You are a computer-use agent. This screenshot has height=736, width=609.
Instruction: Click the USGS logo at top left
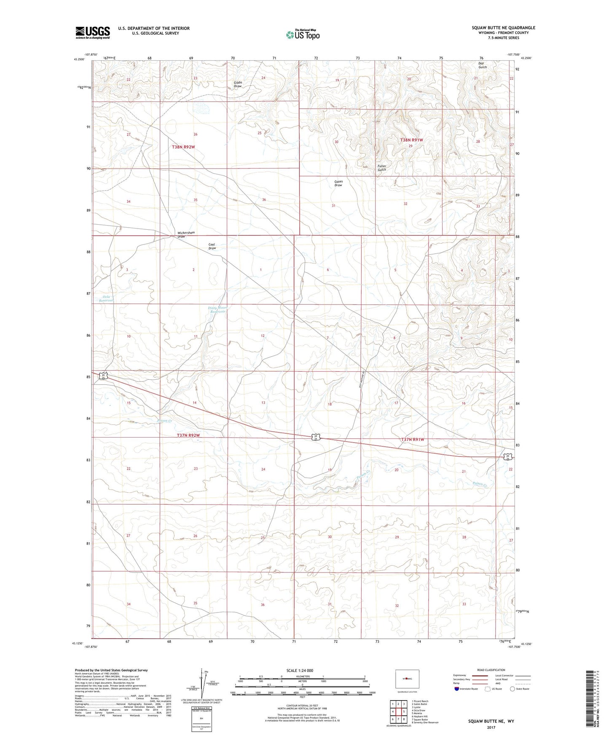click(x=92, y=32)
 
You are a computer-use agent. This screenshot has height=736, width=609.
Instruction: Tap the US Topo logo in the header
click(x=302, y=35)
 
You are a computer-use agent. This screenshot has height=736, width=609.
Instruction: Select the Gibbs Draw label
click(x=238, y=84)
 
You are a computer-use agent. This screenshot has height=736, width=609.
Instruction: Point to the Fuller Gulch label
click(x=381, y=168)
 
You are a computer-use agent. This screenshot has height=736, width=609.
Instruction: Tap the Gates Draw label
click(x=338, y=183)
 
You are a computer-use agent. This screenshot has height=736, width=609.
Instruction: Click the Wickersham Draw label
click(x=187, y=234)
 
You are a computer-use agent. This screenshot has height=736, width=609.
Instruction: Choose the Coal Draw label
click(x=212, y=246)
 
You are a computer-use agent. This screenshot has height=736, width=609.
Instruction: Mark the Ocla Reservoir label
click(x=106, y=298)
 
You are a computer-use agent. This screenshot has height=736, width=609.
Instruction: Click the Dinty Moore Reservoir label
click(x=217, y=310)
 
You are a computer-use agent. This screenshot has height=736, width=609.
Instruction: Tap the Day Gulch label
click(x=482, y=65)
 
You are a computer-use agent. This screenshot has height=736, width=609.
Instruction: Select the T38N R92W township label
click(x=184, y=147)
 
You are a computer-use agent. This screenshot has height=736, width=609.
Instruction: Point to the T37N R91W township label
click(x=412, y=440)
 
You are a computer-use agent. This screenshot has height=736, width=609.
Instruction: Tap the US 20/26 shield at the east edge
click(x=508, y=457)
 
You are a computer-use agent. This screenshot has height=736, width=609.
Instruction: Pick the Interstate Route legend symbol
click(x=457, y=689)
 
